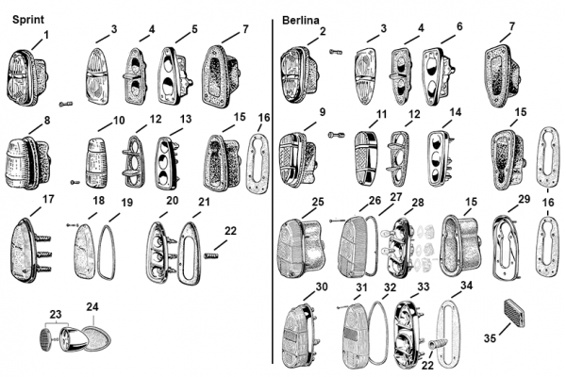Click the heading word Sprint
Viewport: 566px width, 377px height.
28,20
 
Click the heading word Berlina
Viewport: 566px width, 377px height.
301,20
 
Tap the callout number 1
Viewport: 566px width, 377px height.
46,35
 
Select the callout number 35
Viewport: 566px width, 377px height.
490,338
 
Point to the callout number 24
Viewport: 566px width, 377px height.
92,306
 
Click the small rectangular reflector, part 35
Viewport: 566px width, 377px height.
514,312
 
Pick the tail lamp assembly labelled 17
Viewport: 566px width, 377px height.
30,251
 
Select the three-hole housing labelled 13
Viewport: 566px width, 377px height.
167,163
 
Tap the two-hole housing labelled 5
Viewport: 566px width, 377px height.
175,75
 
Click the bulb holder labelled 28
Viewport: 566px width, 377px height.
399,248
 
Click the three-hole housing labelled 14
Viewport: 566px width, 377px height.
440,157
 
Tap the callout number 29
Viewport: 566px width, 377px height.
524,199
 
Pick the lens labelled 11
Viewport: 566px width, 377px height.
365,157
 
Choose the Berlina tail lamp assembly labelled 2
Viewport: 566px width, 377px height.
301,74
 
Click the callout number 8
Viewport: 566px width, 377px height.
47,121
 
